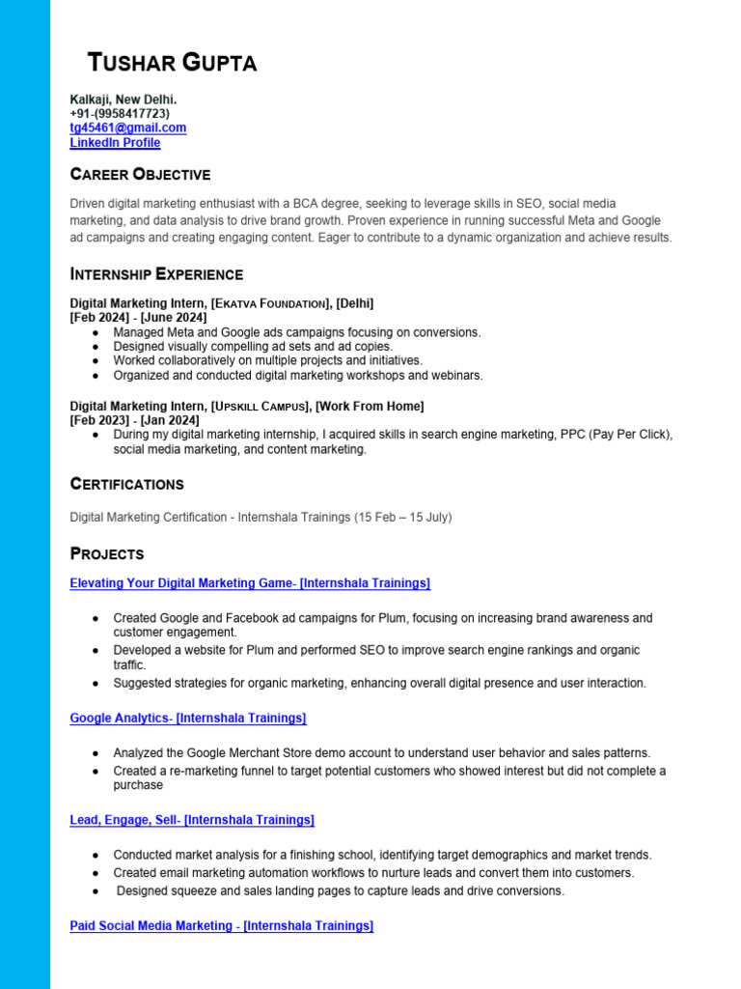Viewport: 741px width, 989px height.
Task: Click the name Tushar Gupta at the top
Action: click(x=173, y=64)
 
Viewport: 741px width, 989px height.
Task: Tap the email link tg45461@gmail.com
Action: click(x=127, y=127)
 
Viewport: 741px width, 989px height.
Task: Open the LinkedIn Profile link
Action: click(x=115, y=143)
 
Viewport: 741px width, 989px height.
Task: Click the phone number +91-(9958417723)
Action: click(x=120, y=114)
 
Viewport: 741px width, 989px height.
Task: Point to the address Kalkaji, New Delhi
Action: click(x=123, y=99)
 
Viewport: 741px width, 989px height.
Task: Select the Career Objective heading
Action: click(x=140, y=175)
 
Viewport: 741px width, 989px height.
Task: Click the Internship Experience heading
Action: click(x=156, y=274)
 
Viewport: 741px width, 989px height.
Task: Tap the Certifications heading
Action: click(x=126, y=484)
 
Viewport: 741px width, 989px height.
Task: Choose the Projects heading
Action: click(x=107, y=554)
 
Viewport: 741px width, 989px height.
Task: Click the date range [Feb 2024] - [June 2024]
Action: click(x=138, y=318)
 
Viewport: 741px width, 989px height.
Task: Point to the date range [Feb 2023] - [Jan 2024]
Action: click(x=135, y=420)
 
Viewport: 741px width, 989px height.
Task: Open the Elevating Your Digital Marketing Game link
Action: click(x=250, y=583)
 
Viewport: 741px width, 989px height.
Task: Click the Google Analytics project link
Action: click(x=188, y=719)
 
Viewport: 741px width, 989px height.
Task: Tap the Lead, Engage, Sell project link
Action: click(x=192, y=820)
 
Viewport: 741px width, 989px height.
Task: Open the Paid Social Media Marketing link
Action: click(x=221, y=926)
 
